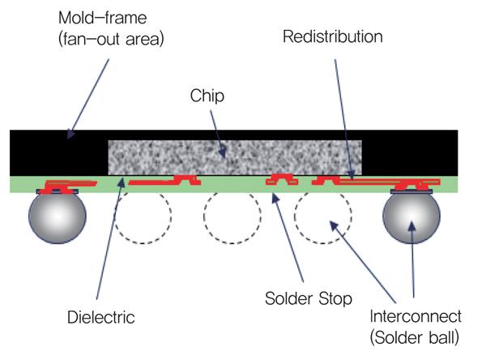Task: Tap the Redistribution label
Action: (333, 37)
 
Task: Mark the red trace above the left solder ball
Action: (69, 182)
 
